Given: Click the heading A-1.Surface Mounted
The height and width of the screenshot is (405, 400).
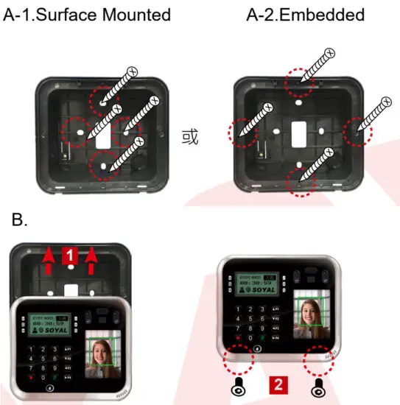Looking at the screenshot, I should click(87, 15).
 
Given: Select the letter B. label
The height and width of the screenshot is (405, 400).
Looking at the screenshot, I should click(21, 220).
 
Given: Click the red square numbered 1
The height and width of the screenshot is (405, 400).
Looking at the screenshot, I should click(69, 255).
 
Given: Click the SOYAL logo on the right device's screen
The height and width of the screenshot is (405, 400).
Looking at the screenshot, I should click(259, 289).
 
